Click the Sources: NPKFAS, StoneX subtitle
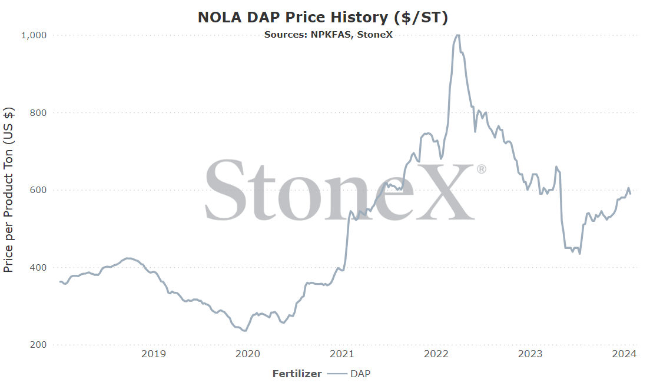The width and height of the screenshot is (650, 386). [329, 35]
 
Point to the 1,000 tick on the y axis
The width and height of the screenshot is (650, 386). [34, 35]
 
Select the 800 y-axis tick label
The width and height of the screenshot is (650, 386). [38, 112]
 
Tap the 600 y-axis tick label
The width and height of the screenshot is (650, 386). [38, 190]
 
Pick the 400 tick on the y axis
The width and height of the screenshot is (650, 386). [38, 268]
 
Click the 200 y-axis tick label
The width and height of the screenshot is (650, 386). [38, 345]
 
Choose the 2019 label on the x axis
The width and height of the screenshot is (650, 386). [154, 354]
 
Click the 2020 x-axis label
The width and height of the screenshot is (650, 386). [247, 354]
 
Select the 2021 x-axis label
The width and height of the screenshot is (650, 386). [342, 354]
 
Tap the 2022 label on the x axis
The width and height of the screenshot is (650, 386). [436, 354]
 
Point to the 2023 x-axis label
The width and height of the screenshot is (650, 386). [530, 354]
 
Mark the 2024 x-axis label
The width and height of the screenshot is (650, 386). [624, 354]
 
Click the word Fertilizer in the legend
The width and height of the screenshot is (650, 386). [297, 374]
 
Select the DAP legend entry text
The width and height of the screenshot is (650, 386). [360, 374]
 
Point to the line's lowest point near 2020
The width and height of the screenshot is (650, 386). [244, 331]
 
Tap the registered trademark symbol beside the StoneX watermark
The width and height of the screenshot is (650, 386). [481, 169]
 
